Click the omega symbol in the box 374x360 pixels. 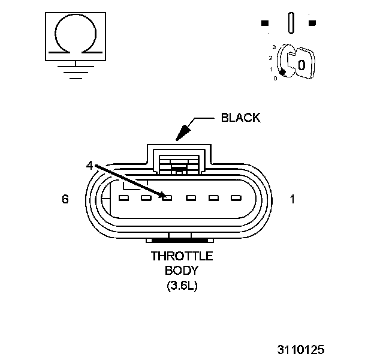[x=74, y=36]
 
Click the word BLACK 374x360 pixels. [x=240, y=118]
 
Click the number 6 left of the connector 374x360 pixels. [x=65, y=199]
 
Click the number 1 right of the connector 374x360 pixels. [x=292, y=199]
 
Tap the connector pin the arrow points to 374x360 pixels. [x=168, y=197]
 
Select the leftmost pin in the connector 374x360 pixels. [x=124, y=197]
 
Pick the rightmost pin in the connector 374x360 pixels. [x=234, y=197]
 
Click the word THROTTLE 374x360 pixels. [x=182, y=256]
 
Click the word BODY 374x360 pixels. [x=181, y=271]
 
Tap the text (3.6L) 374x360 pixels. [x=182, y=286]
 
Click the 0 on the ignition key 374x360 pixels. [x=301, y=64]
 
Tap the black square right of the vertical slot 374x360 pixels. [x=312, y=23]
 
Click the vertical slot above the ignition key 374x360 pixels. [x=291, y=23]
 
